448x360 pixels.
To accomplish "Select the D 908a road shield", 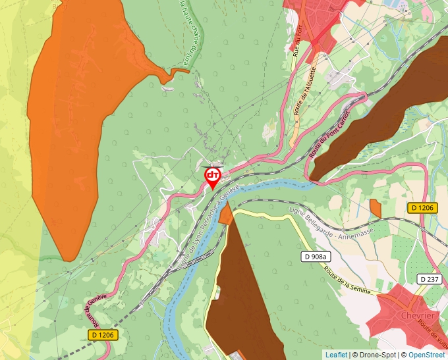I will coord(316,257).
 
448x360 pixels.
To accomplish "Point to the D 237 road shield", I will coord(430,280).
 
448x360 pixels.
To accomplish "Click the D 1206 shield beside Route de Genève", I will coord(102,335).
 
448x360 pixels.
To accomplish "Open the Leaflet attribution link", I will coord(336,355).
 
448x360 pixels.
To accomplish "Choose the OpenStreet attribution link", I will coord(426,355).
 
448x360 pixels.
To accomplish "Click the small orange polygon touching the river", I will coord(226,214).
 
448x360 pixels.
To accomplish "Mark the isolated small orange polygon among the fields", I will coord(376,208).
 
